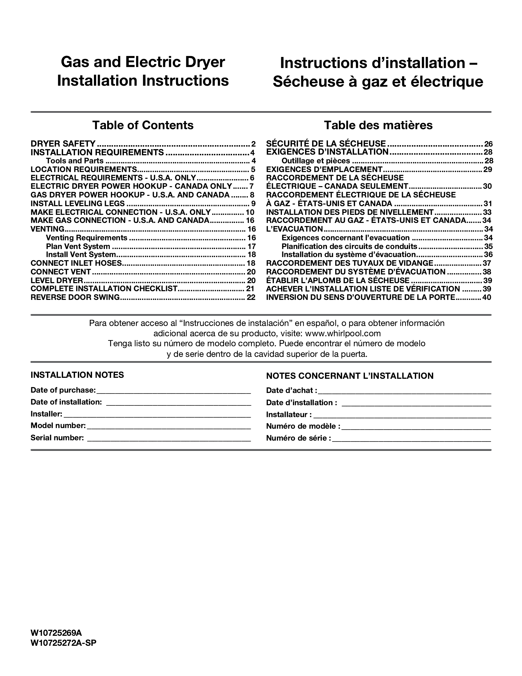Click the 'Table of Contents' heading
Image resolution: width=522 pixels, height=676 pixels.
(143, 125)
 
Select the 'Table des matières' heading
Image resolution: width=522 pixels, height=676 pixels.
(378, 125)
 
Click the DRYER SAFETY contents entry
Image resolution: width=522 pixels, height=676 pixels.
(63, 144)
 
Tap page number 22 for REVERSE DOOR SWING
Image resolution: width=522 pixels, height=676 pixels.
(251, 298)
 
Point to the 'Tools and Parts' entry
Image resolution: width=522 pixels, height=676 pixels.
(75, 161)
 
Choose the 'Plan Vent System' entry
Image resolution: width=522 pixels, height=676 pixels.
(78, 247)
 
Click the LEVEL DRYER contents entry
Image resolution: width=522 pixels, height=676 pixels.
(57, 281)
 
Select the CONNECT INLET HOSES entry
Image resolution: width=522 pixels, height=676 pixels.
(76, 263)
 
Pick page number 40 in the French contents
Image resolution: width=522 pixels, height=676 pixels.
(487, 298)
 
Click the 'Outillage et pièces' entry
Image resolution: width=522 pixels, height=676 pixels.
(316, 161)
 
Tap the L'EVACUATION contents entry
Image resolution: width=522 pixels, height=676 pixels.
(294, 229)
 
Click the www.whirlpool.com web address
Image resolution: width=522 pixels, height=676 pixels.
(343, 333)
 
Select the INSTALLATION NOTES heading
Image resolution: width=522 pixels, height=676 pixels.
(77, 375)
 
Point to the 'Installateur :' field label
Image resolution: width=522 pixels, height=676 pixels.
(289, 415)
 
